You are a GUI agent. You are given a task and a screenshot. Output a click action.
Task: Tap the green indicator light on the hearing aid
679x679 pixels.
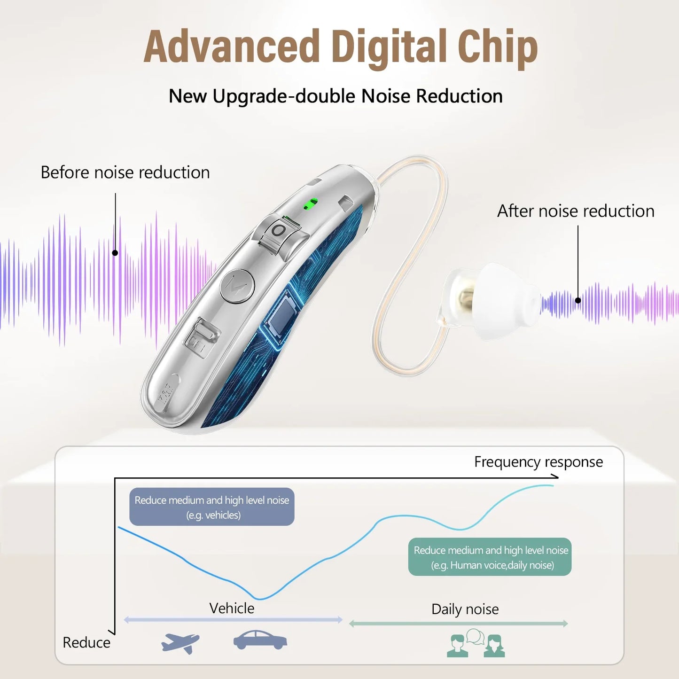tap(310, 203)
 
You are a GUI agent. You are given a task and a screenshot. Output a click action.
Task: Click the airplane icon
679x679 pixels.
tap(180, 642)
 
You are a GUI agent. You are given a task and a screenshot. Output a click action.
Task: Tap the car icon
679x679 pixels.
tap(260, 640)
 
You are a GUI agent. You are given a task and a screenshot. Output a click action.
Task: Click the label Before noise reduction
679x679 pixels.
tap(125, 172)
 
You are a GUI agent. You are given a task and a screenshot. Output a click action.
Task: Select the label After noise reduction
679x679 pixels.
tap(576, 211)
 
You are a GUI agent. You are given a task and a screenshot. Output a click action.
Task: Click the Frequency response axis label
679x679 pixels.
tap(538, 462)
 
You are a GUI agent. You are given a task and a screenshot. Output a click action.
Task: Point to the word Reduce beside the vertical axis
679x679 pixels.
tap(86, 642)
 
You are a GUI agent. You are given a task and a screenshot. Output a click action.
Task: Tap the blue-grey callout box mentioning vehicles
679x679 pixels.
tap(212, 507)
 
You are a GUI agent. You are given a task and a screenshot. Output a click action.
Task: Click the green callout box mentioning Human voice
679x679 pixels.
tap(490, 557)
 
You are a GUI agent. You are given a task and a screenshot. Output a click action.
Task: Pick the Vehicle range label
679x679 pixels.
tap(232, 608)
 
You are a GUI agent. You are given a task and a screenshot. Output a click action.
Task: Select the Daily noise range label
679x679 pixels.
tap(465, 609)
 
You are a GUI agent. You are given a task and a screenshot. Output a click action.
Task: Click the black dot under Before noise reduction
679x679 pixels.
tap(115, 253)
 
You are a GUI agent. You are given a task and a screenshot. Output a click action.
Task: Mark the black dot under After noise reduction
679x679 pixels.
tap(578, 300)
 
